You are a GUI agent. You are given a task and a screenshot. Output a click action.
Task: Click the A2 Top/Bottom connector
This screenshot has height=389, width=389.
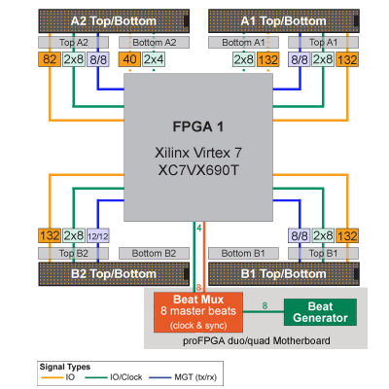[114, 21]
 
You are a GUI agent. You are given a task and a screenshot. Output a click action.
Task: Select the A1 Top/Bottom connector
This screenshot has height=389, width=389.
[284, 21]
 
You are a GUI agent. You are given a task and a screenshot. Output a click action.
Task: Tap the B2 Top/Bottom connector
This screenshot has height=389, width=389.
[114, 274]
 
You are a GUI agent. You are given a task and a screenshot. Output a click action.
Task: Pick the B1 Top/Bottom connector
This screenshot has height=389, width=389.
[284, 274]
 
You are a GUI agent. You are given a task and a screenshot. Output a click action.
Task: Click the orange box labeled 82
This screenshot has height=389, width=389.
[50, 59]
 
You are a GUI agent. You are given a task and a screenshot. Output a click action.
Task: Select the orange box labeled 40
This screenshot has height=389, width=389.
[129, 59]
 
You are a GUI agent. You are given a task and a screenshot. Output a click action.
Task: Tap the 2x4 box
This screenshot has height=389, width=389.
[154, 59]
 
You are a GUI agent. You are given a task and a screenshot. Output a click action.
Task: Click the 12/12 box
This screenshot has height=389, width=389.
[98, 235]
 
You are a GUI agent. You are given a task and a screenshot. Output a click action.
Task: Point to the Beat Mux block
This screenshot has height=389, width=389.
[198, 312]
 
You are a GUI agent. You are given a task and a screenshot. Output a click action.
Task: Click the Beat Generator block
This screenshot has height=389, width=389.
[320, 312]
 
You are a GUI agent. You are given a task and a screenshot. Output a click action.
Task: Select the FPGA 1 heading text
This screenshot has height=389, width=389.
[198, 126]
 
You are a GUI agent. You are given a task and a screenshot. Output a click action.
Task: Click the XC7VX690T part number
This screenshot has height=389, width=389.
[198, 170]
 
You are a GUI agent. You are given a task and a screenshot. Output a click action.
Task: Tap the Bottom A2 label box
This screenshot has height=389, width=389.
[154, 43]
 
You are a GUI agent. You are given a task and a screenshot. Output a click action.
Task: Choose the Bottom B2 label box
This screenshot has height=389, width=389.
[154, 253]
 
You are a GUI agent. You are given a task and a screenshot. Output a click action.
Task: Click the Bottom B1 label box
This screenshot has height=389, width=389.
[243, 253]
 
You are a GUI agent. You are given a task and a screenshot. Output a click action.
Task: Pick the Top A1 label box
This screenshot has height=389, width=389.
[323, 43]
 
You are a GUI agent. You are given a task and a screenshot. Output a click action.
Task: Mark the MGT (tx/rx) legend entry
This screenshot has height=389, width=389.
[183, 377]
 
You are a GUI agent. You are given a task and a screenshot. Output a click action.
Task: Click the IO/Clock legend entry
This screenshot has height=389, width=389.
[114, 377]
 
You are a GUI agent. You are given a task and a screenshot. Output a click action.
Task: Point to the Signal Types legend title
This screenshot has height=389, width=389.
[65, 367]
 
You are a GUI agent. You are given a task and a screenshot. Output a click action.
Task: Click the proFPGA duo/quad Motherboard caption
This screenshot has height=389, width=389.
[257, 341]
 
